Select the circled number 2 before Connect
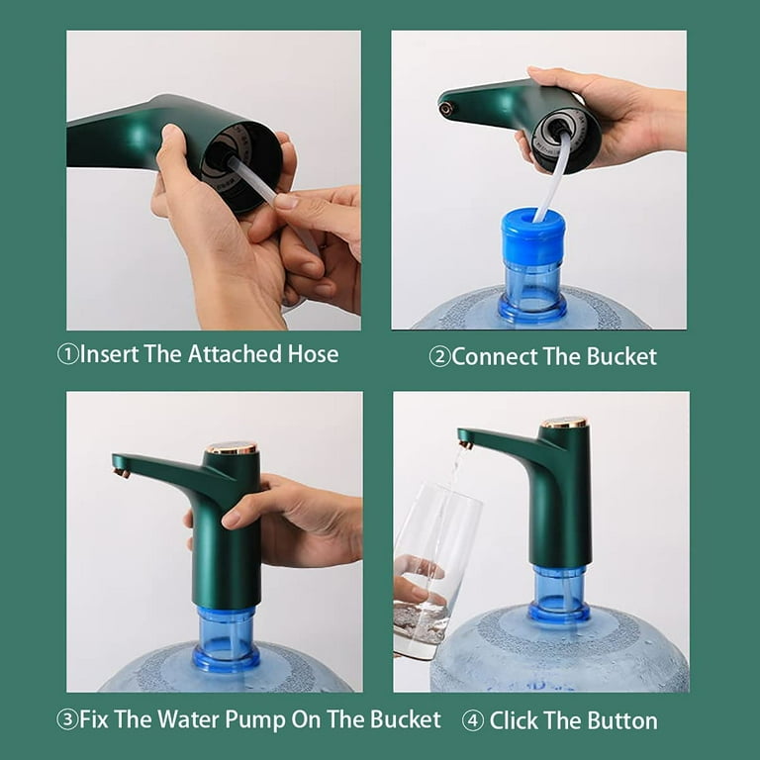[439, 357]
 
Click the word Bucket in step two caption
[620, 357]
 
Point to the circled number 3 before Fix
[67, 720]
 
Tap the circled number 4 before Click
[473, 720]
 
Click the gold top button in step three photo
[233, 448]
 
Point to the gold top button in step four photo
[564, 423]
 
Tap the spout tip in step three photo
[120, 472]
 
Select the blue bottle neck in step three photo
[227, 636]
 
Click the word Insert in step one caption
[110, 354]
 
